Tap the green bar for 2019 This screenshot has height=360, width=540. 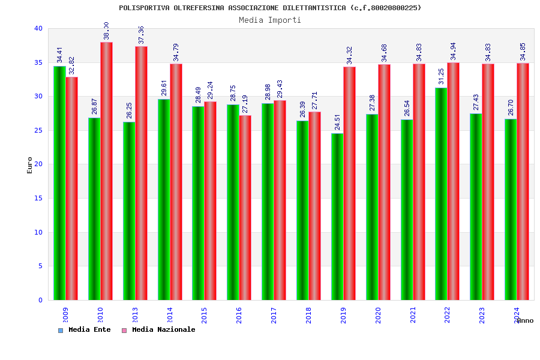tap(337, 217)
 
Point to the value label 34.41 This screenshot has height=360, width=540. tap(59, 55)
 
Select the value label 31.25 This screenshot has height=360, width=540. tap(441, 76)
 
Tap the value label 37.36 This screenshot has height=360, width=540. tap(141, 35)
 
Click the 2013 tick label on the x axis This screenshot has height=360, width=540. tap(135, 315)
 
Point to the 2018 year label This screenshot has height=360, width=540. tap(308, 315)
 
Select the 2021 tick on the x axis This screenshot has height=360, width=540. tap(413, 315)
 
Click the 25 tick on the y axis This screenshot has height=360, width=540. tap(38, 130)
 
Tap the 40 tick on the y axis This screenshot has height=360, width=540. tap(38, 28)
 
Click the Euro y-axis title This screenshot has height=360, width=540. tap(30, 165)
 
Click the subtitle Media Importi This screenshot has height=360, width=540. tap(270, 20)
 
